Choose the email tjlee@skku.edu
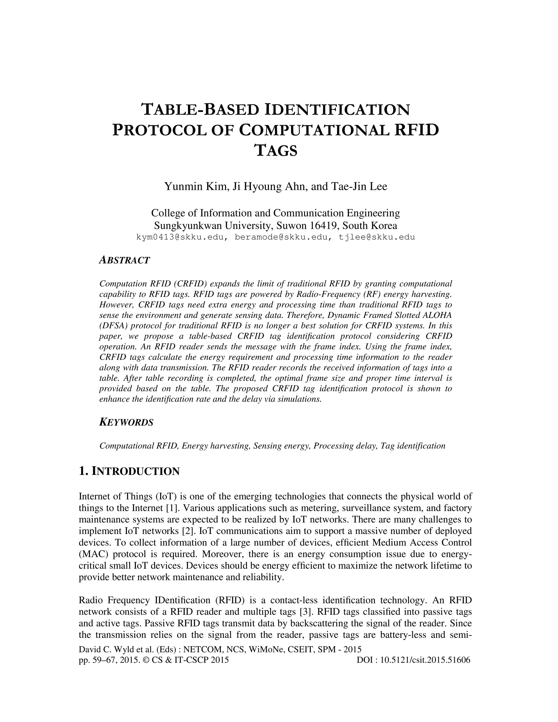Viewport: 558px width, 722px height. pos(377,237)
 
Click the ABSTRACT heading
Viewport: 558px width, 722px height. pos(124,260)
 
